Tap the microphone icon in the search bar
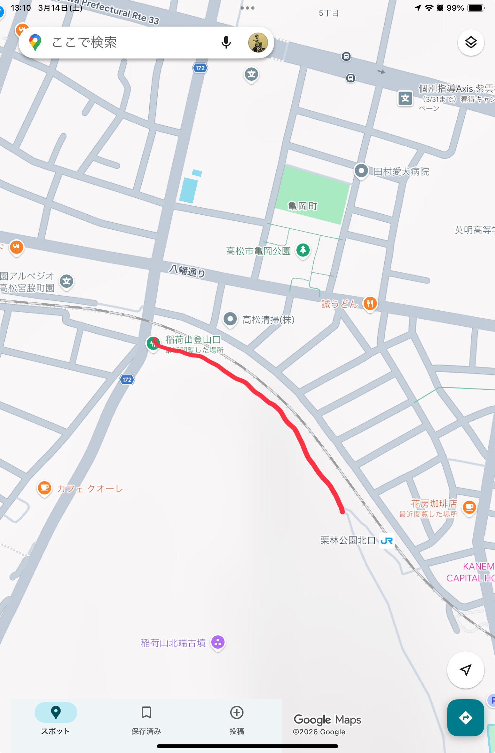[226, 43]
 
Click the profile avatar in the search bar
[258, 43]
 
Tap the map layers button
[471, 43]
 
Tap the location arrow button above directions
[465, 670]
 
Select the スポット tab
[56, 718]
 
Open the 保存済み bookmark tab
[146, 718]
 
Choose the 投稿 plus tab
[237, 718]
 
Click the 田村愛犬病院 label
[401, 172]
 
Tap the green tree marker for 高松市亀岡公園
[303, 250]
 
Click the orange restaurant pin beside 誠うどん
[370, 303]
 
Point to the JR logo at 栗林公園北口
[387, 541]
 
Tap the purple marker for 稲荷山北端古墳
[218, 642]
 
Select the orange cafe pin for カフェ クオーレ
[45, 488]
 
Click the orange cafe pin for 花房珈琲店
[469, 507]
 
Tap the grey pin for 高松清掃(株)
[230, 319]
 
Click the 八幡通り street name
[187, 271]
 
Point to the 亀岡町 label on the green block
[302, 206]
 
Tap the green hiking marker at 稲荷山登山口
[153, 343]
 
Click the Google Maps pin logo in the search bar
[35, 43]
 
